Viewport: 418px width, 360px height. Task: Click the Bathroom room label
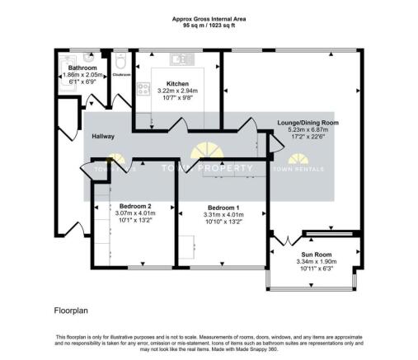coord(82,68)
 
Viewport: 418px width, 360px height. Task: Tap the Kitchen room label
coord(178,84)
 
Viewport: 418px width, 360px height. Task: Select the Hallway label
coord(103,136)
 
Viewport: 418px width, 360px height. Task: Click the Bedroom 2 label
coord(134,205)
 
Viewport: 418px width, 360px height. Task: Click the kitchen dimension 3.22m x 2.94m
coord(178,91)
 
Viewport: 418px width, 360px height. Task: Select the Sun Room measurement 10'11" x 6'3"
coord(311,269)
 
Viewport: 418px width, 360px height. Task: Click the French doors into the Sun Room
coord(285,241)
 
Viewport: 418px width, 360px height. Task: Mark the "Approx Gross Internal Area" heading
coord(208,18)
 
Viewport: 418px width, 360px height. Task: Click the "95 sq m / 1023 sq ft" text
coord(208,26)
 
